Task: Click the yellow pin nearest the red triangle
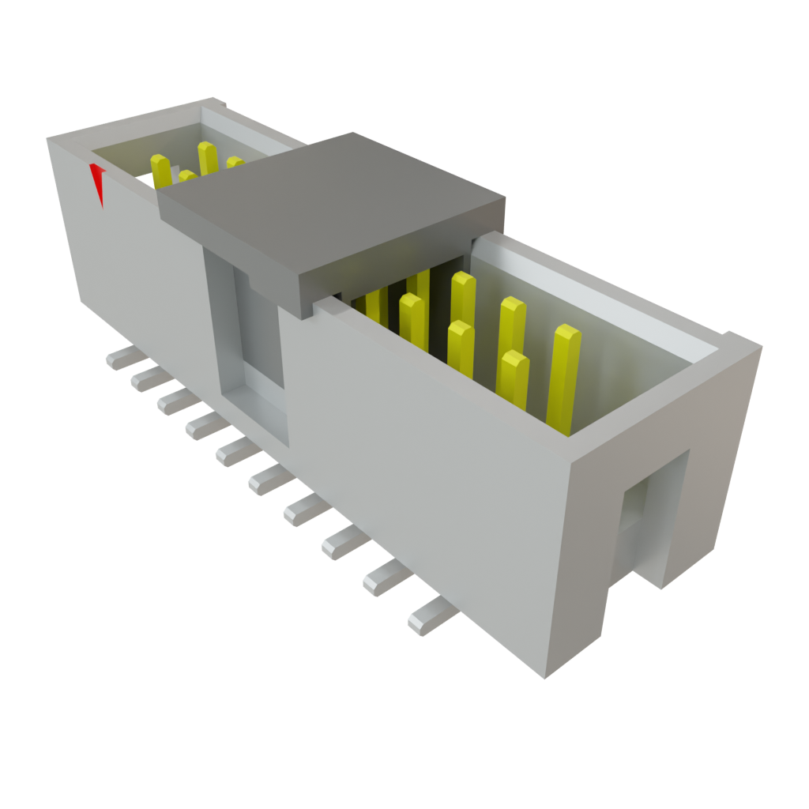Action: pos(160,170)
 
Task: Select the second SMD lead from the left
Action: pos(146,379)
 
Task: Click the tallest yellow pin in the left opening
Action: pos(207,157)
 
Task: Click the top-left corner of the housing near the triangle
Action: pos(49,141)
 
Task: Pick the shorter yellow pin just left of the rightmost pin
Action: pos(514,379)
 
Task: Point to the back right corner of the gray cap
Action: pos(503,198)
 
